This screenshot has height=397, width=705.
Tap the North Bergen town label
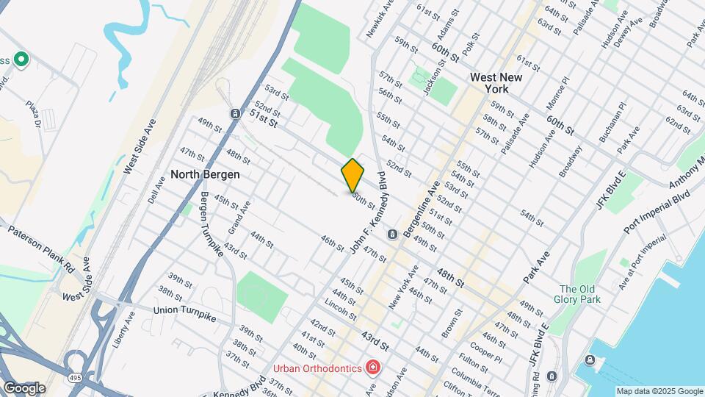[x=201, y=175]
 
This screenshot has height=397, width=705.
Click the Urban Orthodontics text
[x=316, y=368]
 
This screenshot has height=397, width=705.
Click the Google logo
[x=24, y=388]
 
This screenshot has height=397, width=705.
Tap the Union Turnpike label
[x=184, y=310]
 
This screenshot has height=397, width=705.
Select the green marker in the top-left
[x=21, y=59]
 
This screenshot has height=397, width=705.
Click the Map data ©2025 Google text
[x=659, y=391]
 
